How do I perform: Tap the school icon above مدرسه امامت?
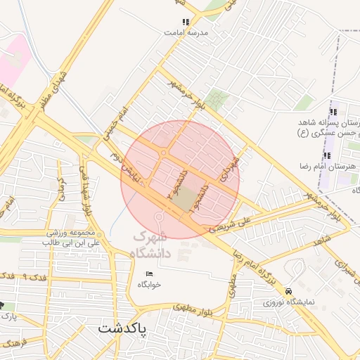tap(186, 22)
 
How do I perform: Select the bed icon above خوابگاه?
tap(148, 274)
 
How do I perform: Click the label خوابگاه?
tap(149, 285)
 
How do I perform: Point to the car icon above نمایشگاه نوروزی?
tap(288, 291)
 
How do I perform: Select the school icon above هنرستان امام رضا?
tap(326, 155)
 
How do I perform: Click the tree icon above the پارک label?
tap(3, 306)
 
